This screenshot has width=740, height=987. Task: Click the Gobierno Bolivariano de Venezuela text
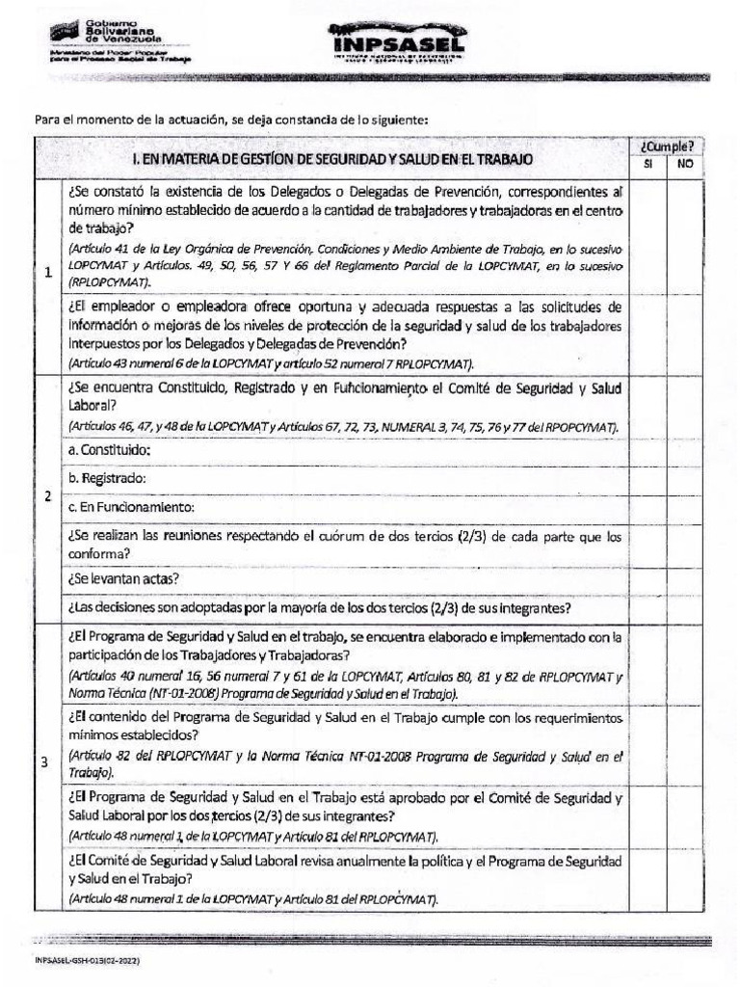pyautogui.click(x=123, y=30)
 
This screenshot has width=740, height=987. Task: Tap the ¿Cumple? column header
pyautogui.click(x=666, y=147)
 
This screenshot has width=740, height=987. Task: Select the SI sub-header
pyautogui.click(x=647, y=165)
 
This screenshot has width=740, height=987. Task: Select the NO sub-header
pyautogui.click(x=685, y=165)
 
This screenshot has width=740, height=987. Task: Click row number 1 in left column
pyautogui.click(x=48, y=273)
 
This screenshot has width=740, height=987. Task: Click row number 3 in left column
pyautogui.click(x=45, y=763)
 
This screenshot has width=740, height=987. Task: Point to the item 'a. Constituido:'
pyautogui.click(x=110, y=450)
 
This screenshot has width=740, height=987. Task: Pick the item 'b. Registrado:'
pyautogui.click(x=106, y=478)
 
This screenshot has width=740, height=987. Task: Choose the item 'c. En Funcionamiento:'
pyautogui.click(x=131, y=507)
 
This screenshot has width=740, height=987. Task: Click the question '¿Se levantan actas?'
pyautogui.click(x=123, y=579)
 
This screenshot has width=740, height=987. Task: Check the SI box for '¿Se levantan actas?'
pyautogui.click(x=647, y=579)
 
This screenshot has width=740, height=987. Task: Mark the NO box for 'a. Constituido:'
pyautogui.click(x=685, y=450)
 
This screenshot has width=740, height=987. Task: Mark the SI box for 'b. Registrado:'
pyautogui.click(x=647, y=478)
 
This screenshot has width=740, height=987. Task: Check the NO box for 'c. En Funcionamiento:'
pyautogui.click(x=685, y=507)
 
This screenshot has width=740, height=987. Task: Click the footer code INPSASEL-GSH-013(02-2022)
pyautogui.click(x=92, y=960)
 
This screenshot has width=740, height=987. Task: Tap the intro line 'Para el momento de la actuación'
pyautogui.click(x=231, y=119)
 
